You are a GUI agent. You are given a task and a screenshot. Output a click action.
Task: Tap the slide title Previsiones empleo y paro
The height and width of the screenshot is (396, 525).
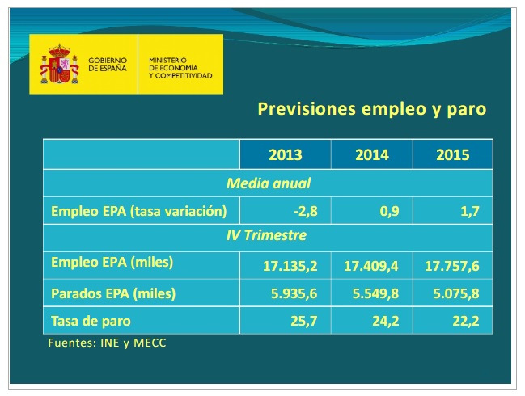(371, 109)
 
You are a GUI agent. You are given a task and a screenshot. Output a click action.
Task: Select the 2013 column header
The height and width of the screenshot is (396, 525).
(285, 155)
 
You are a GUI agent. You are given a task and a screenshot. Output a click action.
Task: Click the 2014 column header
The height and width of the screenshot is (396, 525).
(371, 155)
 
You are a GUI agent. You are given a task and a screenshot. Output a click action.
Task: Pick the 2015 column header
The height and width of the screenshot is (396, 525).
(452, 155)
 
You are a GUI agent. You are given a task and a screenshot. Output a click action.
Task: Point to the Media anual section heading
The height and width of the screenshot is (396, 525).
(268, 183)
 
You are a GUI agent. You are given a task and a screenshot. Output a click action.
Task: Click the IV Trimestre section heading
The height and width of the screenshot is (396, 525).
(268, 236)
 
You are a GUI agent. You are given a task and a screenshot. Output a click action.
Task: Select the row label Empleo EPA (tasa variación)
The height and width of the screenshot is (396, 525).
(136, 212)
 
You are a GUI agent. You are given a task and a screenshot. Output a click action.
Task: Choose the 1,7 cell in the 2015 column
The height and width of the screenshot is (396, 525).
(469, 213)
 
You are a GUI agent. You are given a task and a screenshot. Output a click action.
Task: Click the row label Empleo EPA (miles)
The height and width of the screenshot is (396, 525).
(112, 263)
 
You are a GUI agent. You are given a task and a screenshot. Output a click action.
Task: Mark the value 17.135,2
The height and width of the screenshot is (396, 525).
(291, 265)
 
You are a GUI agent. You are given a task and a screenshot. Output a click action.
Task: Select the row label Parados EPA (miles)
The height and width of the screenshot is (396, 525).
(113, 293)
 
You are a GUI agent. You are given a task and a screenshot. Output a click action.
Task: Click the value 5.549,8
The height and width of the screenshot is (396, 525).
(374, 293)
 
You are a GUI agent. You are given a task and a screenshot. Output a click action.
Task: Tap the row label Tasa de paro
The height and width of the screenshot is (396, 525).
(91, 321)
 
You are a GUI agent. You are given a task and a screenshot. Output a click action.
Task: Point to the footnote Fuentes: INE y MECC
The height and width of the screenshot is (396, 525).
(108, 343)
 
